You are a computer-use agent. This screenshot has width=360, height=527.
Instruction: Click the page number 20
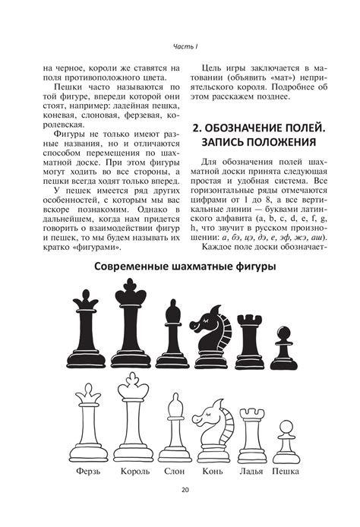185,510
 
